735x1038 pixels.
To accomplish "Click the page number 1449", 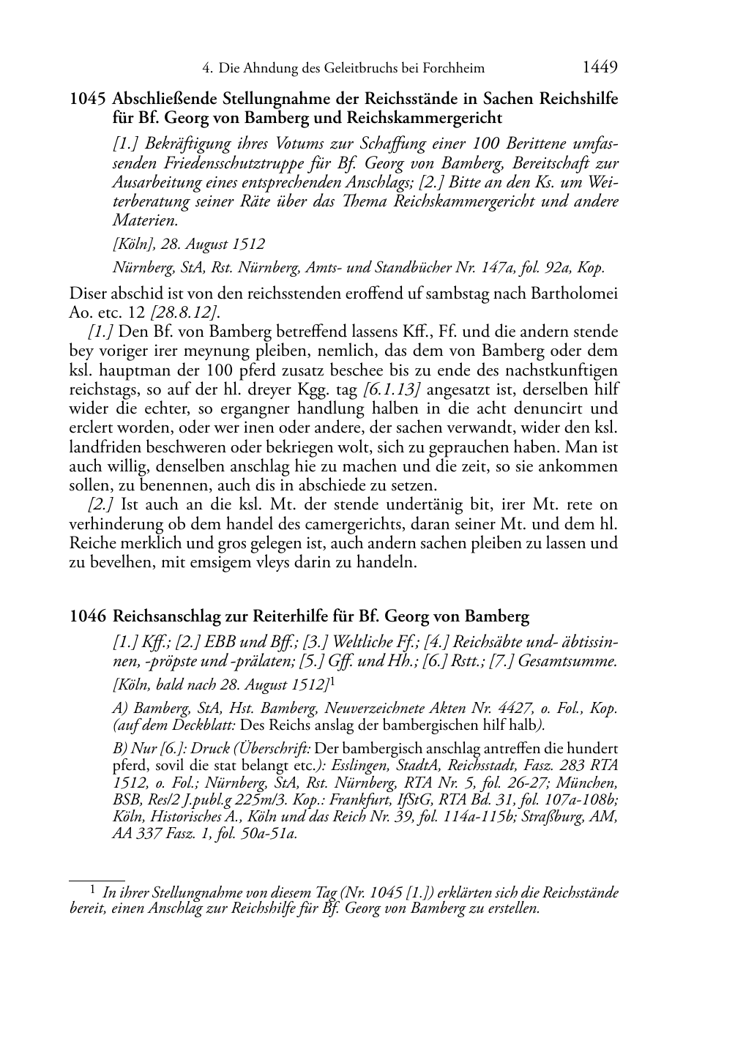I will tap(600, 68).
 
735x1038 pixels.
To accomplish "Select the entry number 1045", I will tap(89, 99).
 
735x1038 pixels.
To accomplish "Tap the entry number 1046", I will tap(89, 616).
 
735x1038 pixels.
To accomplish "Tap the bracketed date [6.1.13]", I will tap(392, 389).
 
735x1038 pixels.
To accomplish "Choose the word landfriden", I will tap(102, 447).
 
